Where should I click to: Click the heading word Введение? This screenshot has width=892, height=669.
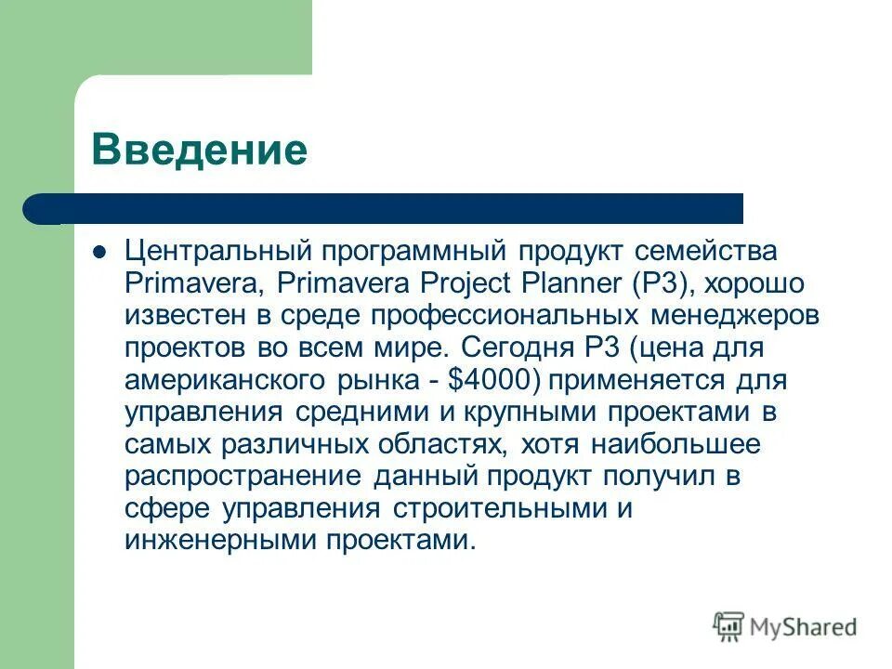199,149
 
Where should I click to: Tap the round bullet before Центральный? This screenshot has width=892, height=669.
101,251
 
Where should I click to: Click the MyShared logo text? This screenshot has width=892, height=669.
799,627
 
